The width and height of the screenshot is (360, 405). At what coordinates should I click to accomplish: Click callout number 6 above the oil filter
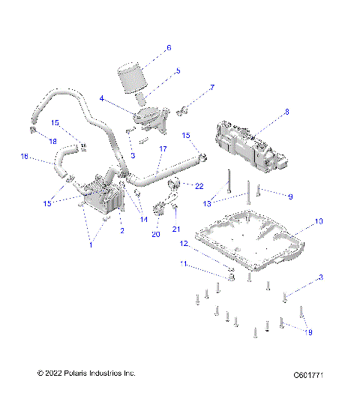pos(169,48)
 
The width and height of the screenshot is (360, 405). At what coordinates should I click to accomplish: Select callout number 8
pos(286,112)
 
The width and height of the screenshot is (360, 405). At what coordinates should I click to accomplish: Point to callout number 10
pos(318,221)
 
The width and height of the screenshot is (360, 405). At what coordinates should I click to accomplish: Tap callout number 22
pos(199,185)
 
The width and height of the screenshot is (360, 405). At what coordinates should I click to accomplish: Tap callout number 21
pos(177,229)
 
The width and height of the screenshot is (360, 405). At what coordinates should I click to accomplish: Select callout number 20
pos(156,234)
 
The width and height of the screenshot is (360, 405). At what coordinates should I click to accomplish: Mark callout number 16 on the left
pos(24,157)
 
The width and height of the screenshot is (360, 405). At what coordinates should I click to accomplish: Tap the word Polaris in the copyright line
pos(79,394)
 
